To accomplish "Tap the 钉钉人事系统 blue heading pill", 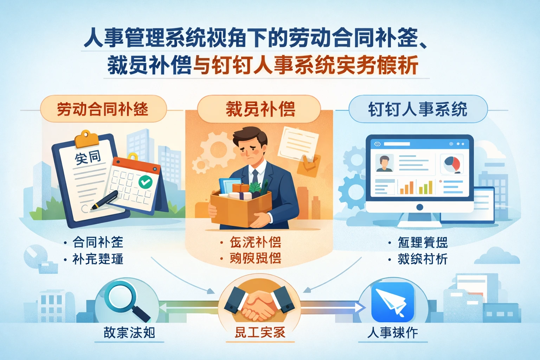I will (x=418, y=109).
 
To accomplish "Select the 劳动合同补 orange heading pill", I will (x=103, y=109).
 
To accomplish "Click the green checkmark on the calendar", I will (x=145, y=182).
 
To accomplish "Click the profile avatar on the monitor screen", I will (x=384, y=163).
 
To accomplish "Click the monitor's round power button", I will (x=419, y=207).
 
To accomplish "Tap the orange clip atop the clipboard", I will (x=86, y=139).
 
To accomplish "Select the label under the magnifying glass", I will (x=129, y=333).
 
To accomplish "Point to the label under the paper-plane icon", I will (x=392, y=333).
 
